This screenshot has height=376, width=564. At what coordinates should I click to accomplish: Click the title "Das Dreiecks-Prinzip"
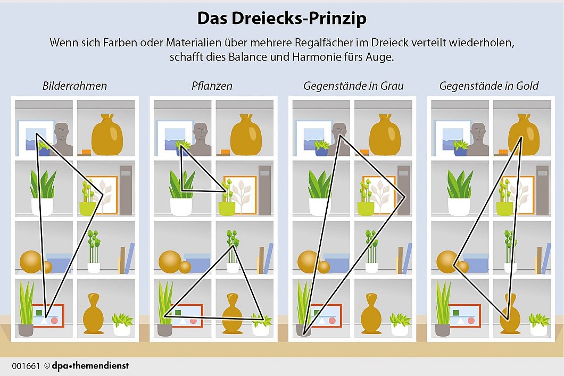click(x=281, y=19)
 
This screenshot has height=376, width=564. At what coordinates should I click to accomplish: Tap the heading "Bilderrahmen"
click(x=74, y=86)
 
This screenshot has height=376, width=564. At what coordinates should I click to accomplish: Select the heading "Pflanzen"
click(x=212, y=86)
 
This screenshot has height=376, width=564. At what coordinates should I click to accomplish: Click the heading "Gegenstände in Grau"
click(x=353, y=86)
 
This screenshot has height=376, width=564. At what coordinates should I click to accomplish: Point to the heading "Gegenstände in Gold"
click(x=489, y=86)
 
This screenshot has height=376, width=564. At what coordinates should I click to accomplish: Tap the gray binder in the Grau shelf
click(x=403, y=190)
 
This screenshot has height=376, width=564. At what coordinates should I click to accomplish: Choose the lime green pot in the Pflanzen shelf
click(x=227, y=208)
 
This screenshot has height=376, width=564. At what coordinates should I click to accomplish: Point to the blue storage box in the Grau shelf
click(x=337, y=263)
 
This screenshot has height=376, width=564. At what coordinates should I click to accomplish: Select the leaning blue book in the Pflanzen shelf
click(x=268, y=258)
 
